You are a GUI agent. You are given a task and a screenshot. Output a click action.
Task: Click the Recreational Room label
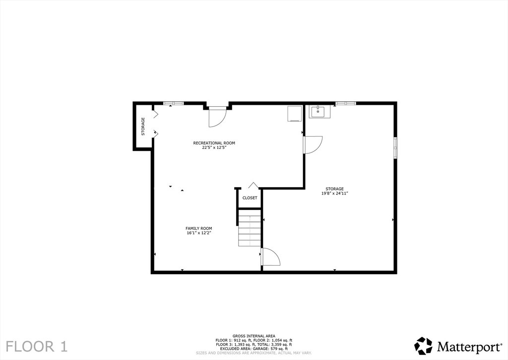click(214, 143)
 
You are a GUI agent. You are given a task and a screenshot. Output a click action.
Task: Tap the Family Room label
click(198, 228)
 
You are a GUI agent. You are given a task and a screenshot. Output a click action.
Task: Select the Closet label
click(250, 198)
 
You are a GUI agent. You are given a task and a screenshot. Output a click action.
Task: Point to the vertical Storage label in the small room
click(143, 127)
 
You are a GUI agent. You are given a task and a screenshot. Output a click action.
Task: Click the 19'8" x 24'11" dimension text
click(334, 193)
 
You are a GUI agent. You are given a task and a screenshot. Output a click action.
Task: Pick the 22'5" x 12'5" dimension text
click(214, 147)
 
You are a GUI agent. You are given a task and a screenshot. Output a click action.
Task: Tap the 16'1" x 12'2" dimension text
click(198, 232)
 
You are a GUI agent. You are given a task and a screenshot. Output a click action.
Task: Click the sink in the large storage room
click(319, 112)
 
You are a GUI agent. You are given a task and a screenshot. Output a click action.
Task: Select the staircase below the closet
click(250, 228)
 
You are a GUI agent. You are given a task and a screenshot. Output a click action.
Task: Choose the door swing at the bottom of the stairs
click(270, 257)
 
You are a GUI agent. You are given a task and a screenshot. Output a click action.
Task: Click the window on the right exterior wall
click(395, 147)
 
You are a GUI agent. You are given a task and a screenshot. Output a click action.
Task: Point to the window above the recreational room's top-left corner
click(173, 103)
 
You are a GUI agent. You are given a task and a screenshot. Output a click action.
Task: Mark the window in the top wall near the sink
click(346, 103)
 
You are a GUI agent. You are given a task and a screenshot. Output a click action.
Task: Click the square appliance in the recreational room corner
click(295, 114)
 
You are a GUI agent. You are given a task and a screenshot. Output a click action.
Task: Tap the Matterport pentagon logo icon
click(424, 346)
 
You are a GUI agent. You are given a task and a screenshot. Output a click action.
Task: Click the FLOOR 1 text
click(37, 347)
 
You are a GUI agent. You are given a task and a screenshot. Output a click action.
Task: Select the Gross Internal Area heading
click(254, 336)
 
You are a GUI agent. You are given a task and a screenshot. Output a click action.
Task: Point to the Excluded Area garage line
click(254, 349)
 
